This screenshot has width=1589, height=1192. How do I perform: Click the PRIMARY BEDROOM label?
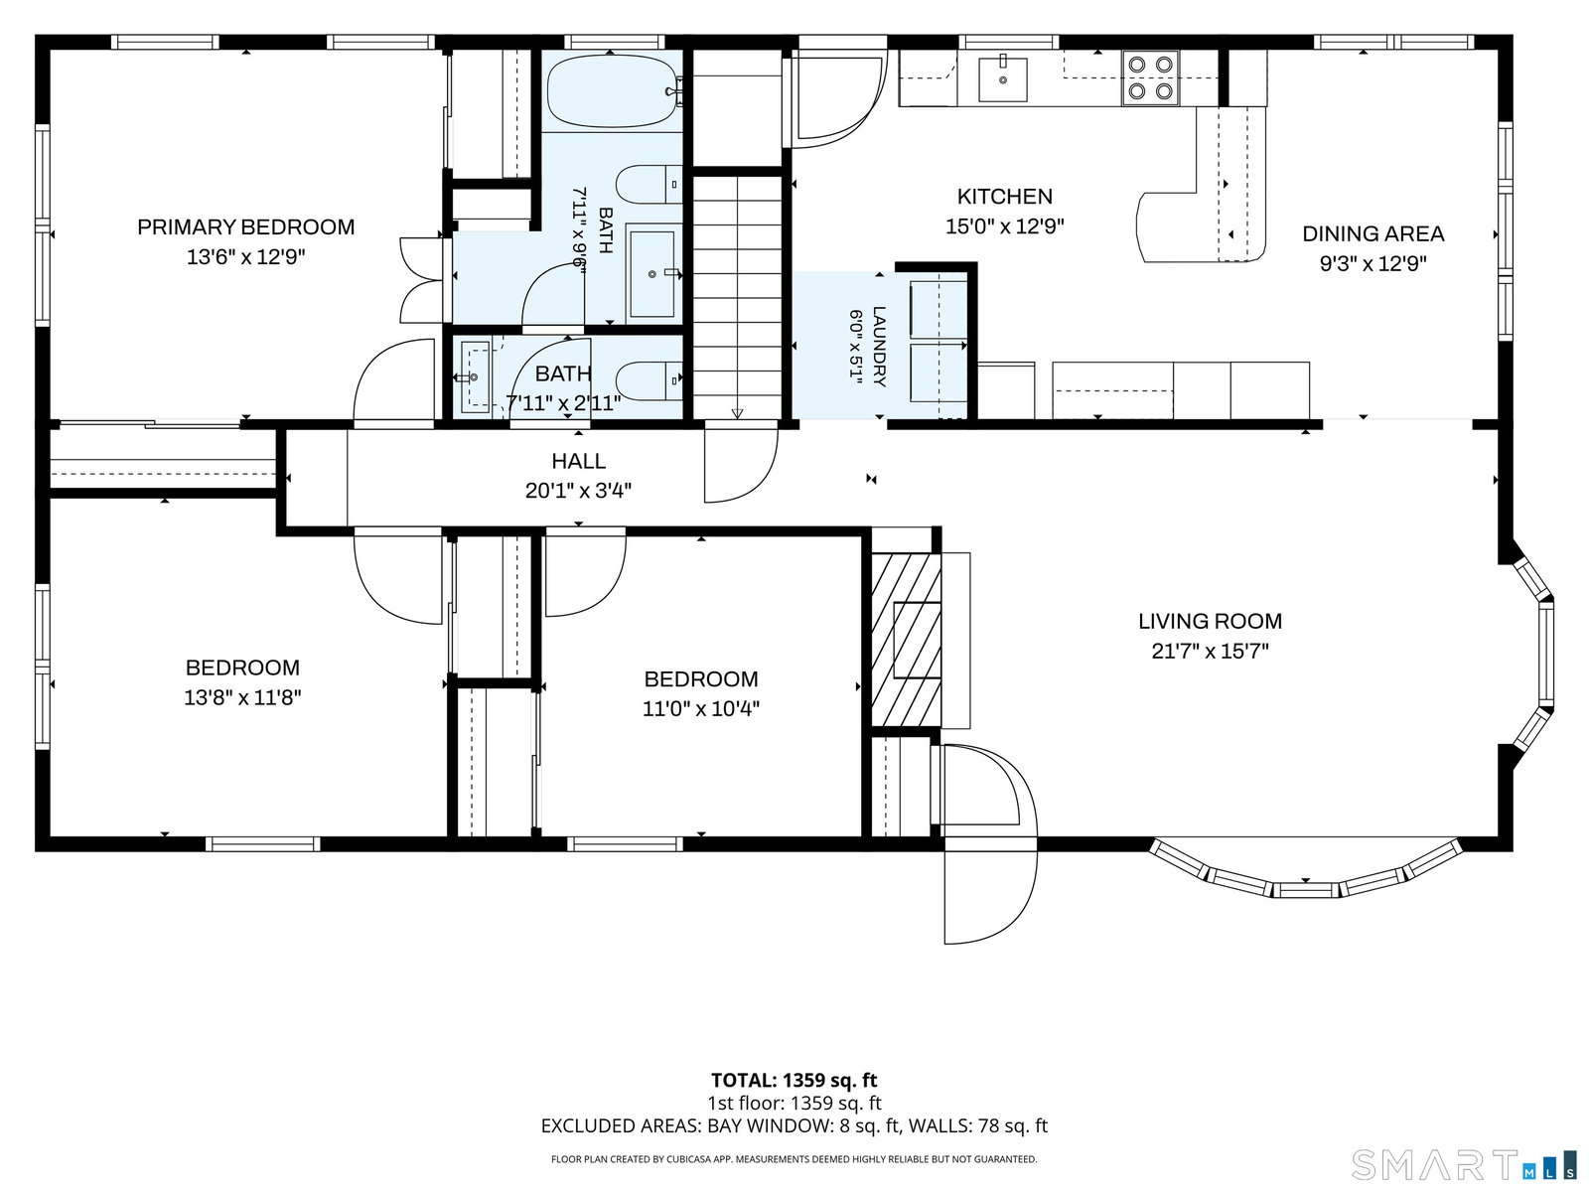246,227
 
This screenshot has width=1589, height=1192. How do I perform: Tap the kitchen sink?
1003,78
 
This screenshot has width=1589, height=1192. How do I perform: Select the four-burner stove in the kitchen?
1150,78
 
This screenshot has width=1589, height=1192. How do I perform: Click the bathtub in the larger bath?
613,91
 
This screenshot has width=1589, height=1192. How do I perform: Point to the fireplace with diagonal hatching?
906,640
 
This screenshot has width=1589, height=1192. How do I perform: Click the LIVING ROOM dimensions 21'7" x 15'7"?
1210,652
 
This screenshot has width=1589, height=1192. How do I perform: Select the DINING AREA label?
1373,233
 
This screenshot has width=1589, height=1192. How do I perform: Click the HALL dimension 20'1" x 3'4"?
578,491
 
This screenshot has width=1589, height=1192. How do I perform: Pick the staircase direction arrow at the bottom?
737,413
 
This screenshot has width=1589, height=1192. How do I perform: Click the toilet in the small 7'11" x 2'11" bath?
650,380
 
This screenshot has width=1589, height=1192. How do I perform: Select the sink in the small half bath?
474,376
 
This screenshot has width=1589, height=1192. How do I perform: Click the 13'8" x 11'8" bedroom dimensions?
242,697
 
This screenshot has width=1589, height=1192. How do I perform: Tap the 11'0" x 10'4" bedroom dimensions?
701,708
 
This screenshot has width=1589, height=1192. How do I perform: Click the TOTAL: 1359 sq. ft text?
794,1080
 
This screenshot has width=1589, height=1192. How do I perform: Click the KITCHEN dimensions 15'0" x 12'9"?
1005,226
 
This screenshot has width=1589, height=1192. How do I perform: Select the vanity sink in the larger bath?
652,273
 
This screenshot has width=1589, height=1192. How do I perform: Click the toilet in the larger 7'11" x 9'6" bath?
650,185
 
